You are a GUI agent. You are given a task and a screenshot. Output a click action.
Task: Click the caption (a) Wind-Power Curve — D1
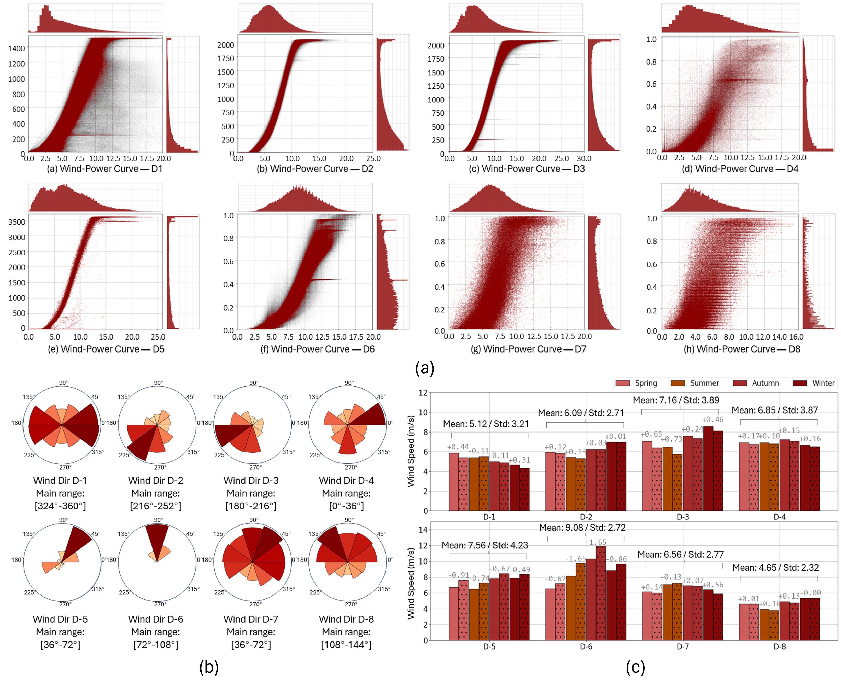(104, 169)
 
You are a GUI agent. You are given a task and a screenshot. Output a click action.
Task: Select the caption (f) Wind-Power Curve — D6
(317, 349)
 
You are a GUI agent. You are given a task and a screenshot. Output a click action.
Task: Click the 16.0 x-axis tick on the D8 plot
(796, 337)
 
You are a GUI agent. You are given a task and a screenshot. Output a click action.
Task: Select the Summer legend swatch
(678, 383)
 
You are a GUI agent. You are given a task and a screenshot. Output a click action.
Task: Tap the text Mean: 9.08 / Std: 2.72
(582, 528)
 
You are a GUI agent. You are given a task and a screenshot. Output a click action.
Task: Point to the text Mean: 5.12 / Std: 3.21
(486, 424)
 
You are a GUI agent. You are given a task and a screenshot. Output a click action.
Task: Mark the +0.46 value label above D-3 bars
(712, 419)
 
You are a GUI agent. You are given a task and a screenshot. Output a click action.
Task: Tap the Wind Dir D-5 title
(60, 619)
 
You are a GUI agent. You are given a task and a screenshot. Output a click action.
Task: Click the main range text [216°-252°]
(156, 506)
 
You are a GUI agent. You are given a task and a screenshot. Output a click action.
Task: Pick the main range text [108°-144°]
(346, 645)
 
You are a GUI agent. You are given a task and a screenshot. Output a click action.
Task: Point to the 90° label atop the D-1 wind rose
(64, 383)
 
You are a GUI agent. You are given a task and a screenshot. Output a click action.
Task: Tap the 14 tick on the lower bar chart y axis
(423, 529)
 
